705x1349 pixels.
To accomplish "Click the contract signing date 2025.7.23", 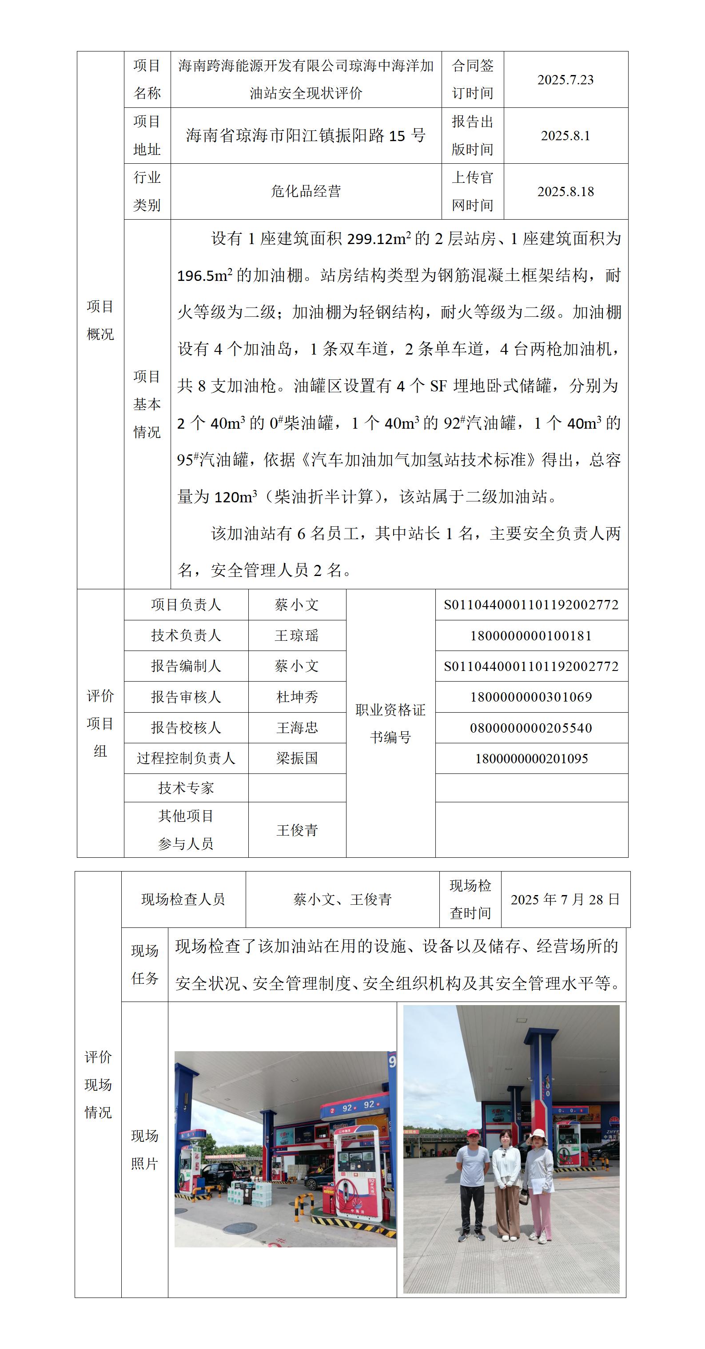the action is pos(565,79).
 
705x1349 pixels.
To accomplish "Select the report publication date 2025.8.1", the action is pos(565,136).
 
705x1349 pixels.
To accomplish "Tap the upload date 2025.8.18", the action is pos(565,192).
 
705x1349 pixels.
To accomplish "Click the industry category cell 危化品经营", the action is pos(306,192).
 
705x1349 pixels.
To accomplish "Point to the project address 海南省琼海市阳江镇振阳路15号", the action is pos(306,136).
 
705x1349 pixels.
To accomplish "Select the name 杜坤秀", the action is pos(297,697).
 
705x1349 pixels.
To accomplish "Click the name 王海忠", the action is pos(297,727).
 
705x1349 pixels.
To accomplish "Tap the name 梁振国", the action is pos(297,758).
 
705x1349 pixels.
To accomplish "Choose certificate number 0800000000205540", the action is pos(531,728).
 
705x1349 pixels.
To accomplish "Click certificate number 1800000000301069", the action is pos(531,697).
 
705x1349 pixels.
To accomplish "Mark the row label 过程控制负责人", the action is pos(186,758).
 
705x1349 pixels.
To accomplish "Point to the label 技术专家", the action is pos(186,788).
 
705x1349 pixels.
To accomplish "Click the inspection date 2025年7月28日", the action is pos(565,899).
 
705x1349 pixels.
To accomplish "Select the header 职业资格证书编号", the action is pos(390,723).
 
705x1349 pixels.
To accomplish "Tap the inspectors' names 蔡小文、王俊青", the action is pos(342,899).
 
